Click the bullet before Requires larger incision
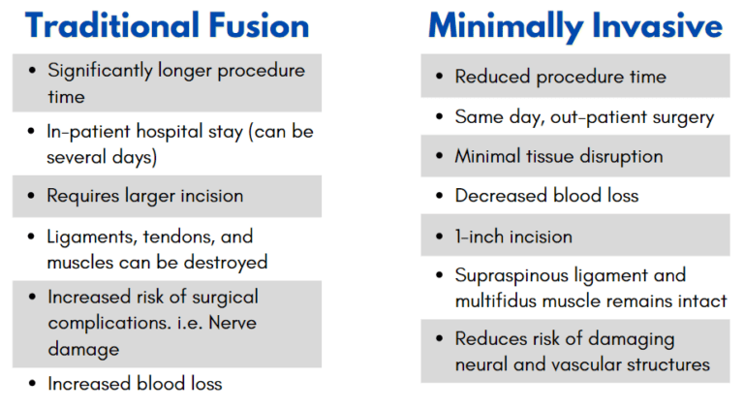[33, 196]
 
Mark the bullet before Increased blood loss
[33, 384]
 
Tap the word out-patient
[593, 117]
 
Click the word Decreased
[501, 196]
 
